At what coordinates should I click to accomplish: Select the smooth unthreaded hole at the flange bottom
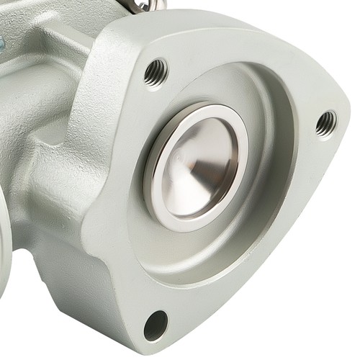point(155,325)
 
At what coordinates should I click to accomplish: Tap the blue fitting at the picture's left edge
point(4,43)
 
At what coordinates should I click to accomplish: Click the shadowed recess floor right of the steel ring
point(266,180)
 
